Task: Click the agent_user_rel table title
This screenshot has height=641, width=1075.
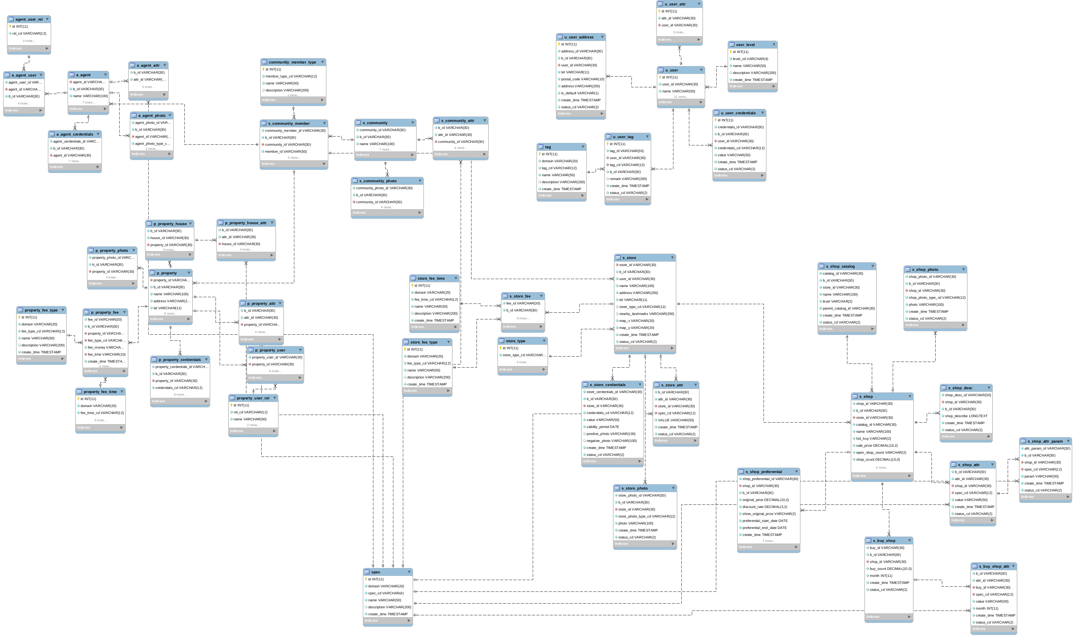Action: [x=29, y=19]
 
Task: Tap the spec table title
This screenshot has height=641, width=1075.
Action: [x=376, y=572]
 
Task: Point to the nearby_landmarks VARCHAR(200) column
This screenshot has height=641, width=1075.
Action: [x=646, y=314]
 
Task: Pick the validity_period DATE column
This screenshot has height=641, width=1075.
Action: [x=603, y=427]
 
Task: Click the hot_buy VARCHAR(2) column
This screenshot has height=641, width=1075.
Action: [x=873, y=438]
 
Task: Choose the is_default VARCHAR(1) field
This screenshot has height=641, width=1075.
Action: [x=580, y=93]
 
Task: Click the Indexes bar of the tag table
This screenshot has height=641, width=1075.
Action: [x=561, y=196]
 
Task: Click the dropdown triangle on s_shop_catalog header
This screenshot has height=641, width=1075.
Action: [x=872, y=266]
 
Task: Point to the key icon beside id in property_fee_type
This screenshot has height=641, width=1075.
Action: [x=19, y=317]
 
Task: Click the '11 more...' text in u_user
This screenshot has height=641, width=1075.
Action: [x=680, y=97]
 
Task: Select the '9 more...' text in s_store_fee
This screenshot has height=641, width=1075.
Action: [x=523, y=318]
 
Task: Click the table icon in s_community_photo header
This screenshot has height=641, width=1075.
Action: [x=355, y=181]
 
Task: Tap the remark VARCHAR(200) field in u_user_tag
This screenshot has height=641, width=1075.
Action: [x=628, y=179]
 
